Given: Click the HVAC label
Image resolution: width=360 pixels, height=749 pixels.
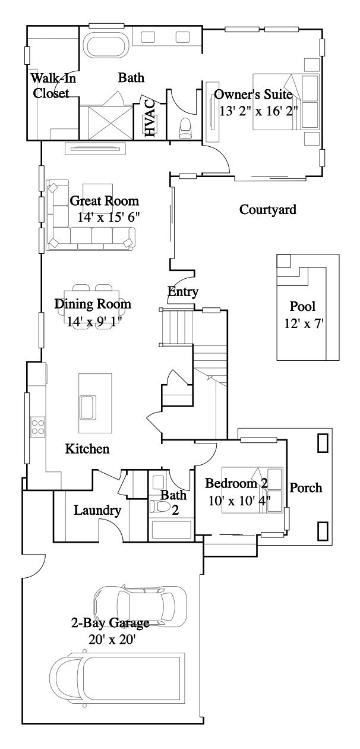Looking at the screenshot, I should click(x=149, y=118).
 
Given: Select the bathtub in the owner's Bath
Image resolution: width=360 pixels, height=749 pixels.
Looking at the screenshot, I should click(x=106, y=45).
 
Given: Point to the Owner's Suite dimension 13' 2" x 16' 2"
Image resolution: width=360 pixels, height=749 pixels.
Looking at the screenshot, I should click(x=258, y=110).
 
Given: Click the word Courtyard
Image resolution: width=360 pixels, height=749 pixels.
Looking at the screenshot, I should click(x=267, y=210).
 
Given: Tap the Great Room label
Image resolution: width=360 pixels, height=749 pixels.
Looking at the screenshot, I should click(x=104, y=201).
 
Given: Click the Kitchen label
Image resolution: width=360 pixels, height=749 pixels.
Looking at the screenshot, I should click(x=87, y=449).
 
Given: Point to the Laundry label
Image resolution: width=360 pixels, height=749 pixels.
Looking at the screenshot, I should click(x=97, y=510).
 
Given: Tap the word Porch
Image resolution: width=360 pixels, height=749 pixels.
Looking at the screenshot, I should click(x=305, y=488).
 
